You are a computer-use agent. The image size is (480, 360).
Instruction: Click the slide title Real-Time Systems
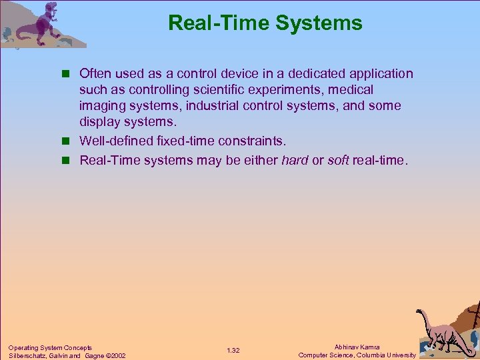point(265,23)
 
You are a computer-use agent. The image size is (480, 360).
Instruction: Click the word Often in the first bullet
point(96,74)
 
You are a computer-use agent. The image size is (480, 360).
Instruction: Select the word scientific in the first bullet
point(203,90)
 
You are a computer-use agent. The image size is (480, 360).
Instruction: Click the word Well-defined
point(116,141)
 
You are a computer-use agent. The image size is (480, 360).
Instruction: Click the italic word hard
point(295,160)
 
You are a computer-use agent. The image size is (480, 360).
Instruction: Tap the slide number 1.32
point(233,351)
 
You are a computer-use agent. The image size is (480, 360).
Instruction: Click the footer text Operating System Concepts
point(50,347)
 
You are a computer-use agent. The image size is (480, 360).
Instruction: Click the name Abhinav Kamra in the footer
point(358,347)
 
